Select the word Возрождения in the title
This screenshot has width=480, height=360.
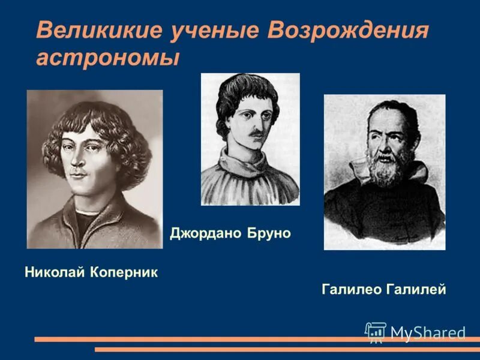tap(349, 31)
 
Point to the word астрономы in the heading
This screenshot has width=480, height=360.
tap(108, 58)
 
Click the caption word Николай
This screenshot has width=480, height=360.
tap(55, 272)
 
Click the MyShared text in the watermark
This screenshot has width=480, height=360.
tap(428, 332)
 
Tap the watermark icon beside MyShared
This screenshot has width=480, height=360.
tap(376, 332)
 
